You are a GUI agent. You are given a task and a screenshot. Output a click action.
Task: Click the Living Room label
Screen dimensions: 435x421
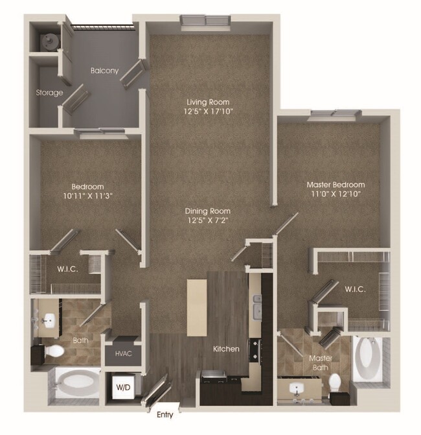(208, 102)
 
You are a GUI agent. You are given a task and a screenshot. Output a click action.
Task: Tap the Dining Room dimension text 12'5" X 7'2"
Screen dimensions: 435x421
(208, 220)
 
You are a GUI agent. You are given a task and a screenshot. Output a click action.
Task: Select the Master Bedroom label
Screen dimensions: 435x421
(335, 185)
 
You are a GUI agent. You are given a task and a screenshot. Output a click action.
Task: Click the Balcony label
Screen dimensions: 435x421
(104, 71)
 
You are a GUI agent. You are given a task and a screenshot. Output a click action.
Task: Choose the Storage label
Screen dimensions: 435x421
(49, 93)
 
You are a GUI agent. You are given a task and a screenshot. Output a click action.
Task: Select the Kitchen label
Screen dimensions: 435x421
(226, 349)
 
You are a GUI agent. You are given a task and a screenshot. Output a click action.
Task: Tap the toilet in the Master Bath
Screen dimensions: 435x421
(336, 382)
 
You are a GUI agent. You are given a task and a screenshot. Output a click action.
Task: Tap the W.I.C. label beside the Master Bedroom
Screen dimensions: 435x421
(354, 289)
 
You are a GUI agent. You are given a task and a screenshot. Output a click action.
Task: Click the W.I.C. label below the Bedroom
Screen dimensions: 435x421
(67, 269)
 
